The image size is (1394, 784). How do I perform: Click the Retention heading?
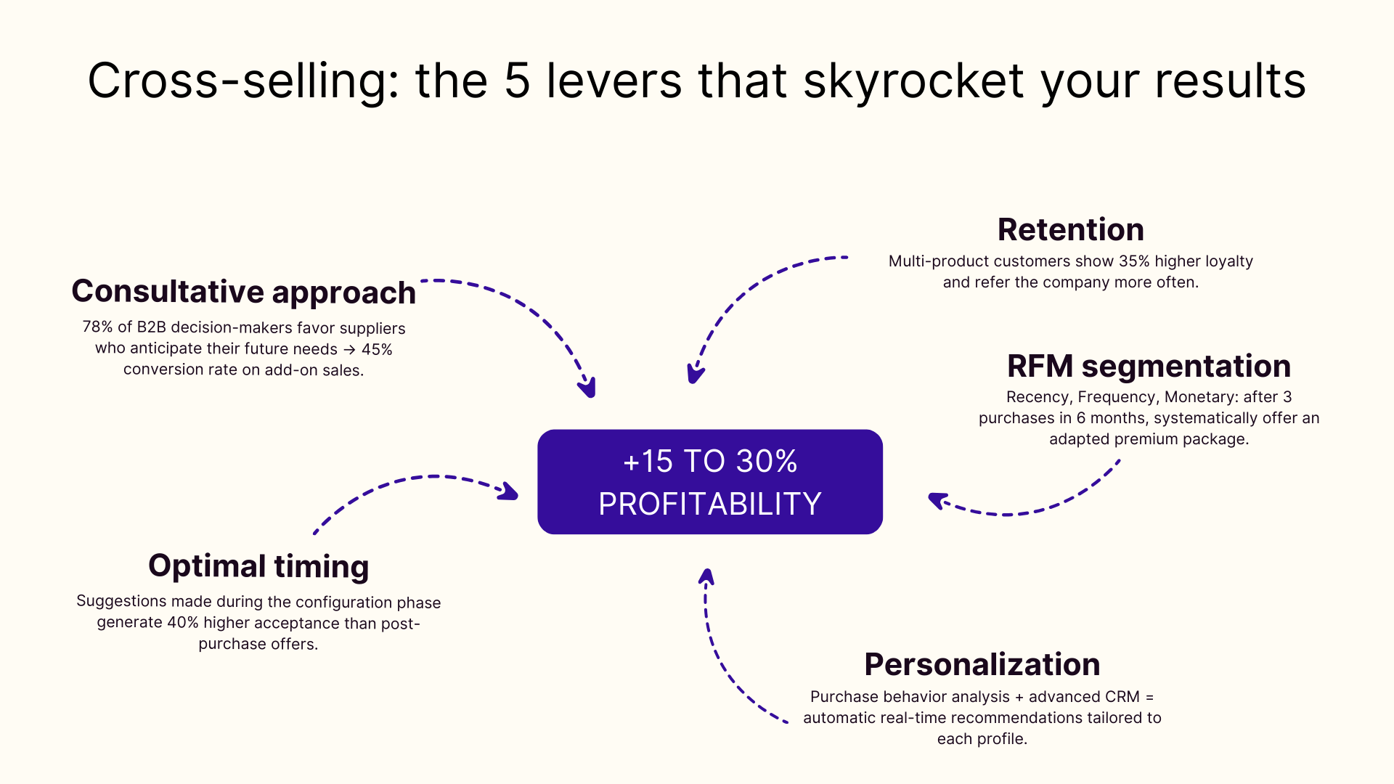tap(1070, 229)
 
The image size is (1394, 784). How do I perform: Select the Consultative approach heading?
tap(243, 292)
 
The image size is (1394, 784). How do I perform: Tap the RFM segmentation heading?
tap(1149, 366)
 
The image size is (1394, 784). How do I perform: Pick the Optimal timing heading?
tap(258, 566)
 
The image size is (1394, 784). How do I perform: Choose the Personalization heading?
tap(982, 664)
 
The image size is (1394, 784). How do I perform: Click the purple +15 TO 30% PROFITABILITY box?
tap(709, 482)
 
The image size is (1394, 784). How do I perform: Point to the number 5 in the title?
tap(517, 81)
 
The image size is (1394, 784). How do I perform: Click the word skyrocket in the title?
tap(913, 81)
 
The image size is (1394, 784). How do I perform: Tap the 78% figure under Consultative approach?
tap(97, 327)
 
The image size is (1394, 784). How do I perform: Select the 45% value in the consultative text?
tap(377, 349)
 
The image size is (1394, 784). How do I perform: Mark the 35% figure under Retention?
tap(1134, 261)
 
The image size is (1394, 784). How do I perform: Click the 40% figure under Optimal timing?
tap(182, 623)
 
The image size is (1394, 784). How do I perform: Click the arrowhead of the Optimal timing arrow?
tap(510, 491)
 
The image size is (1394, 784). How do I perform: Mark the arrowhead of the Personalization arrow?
tap(706, 576)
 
